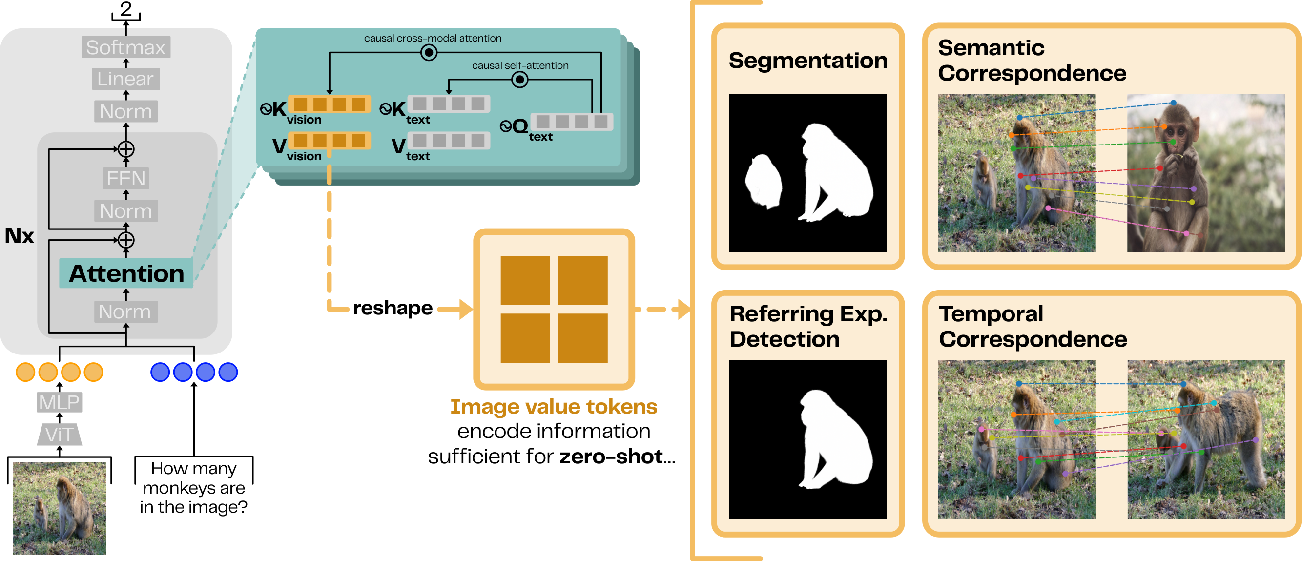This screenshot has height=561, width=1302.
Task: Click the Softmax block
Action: [x=125, y=47]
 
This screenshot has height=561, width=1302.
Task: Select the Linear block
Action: [x=125, y=79]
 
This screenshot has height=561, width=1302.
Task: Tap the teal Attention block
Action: [x=126, y=273]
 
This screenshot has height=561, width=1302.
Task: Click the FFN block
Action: [x=126, y=178]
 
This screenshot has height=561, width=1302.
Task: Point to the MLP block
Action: [x=59, y=402]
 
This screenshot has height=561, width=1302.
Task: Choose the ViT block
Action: [x=59, y=435]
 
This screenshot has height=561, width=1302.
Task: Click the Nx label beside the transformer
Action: [x=19, y=236]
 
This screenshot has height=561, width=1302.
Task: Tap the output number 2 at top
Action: [x=126, y=9]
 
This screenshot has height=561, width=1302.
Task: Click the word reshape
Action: [x=392, y=308]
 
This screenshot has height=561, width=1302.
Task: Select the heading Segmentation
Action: [x=807, y=61]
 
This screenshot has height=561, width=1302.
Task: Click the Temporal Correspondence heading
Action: [x=1032, y=327]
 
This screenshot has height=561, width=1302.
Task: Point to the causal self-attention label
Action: [x=520, y=66]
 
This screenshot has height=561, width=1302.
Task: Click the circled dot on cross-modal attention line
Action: [x=429, y=53]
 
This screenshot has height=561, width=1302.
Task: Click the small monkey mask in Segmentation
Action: [x=764, y=182]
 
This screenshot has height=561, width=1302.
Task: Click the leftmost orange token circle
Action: [x=25, y=372]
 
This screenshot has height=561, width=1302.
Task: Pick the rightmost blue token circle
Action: [x=228, y=372]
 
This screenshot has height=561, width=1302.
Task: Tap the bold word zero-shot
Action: [x=611, y=457]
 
